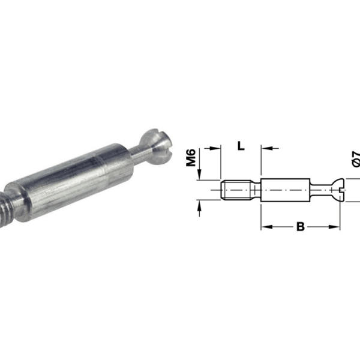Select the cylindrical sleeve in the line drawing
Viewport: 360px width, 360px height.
click(285, 191)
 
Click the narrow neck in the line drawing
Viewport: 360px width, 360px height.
click(319, 191)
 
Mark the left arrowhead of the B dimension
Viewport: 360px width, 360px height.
click(264, 227)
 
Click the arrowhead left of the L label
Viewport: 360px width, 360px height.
click(212, 147)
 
